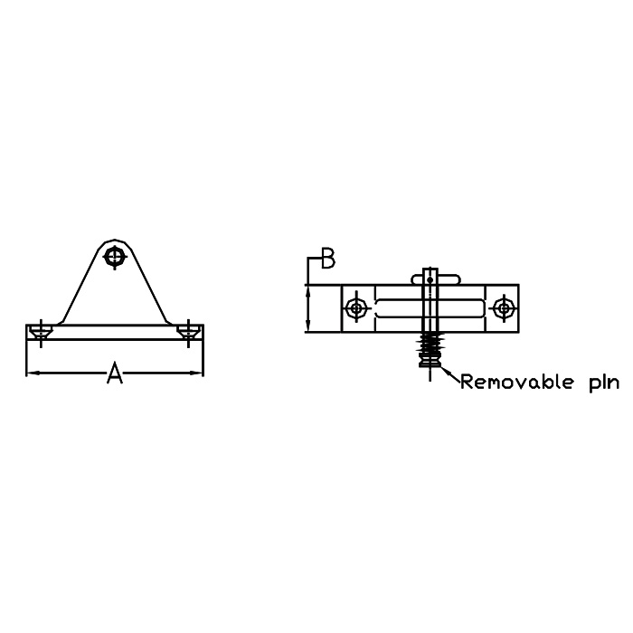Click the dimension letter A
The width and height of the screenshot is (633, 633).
pyautogui.click(x=115, y=373)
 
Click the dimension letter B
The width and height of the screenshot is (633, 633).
pyautogui.click(x=327, y=259)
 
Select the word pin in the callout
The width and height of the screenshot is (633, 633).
pyautogui.click(x=603, y=383)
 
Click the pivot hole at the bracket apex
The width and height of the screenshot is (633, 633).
pyautogui.click(x=115, y=257)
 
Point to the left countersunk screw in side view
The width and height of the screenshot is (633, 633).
pyautogui.click(x=41, y=332)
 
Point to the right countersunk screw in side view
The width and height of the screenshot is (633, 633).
pyautogui.click(x=188, y=332)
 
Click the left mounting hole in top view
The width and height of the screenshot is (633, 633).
pyautogui.click(x=356, y=309)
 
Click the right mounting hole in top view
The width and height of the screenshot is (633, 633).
pyautogui.click(x=504, y=309)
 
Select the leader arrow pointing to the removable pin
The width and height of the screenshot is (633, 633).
pyautogui.click(x=450, y=373)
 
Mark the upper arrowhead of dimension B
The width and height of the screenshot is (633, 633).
pyautogui.click(x=308, y=290)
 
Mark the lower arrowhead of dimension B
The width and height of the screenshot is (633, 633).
pyautogui.click(x=308, y=326)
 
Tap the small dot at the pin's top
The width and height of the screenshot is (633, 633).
pyautogui.click(x=430, y=279)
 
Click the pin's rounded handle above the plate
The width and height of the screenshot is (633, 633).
pyautogui.click(x=436, y=279)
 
